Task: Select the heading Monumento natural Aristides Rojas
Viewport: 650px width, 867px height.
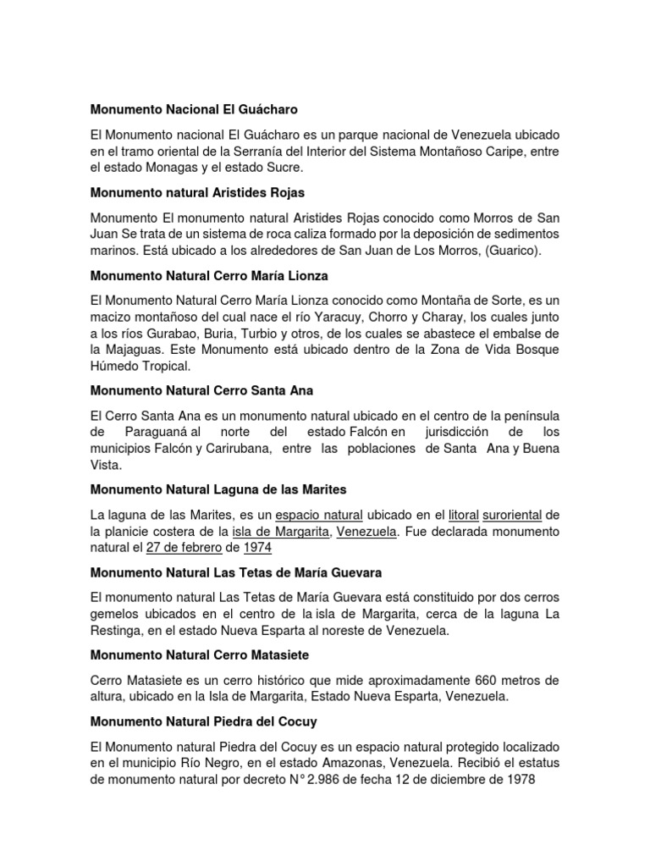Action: tap(197, 192)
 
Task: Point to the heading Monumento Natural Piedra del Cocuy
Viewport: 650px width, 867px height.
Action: tap(203, 721)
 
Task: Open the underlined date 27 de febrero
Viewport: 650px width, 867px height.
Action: tap(183, 548)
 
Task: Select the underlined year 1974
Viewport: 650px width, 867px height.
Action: tap(257, 548)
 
